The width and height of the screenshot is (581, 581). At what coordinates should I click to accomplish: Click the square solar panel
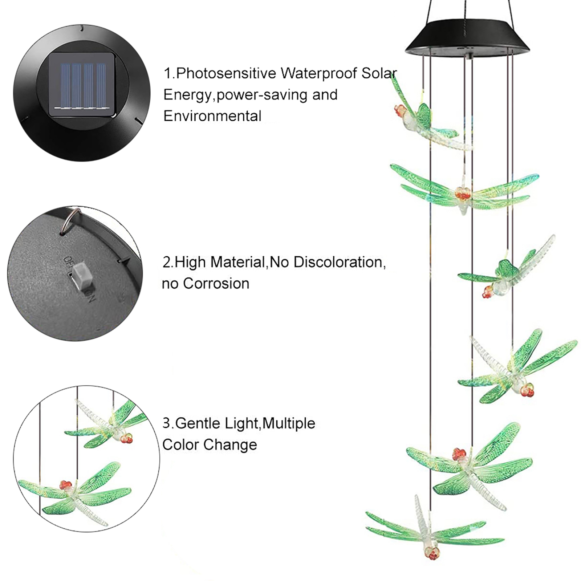click(x=81, y=85)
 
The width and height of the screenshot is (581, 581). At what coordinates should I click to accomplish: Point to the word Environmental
click(x=212, y=116)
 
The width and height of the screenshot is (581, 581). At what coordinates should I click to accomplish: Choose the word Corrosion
click(x=216, y=284)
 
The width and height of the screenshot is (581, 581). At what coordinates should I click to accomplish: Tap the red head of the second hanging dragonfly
click(x=463, y=194)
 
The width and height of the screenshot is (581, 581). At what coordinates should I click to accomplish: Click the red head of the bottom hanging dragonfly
click(x=432, y=553)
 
